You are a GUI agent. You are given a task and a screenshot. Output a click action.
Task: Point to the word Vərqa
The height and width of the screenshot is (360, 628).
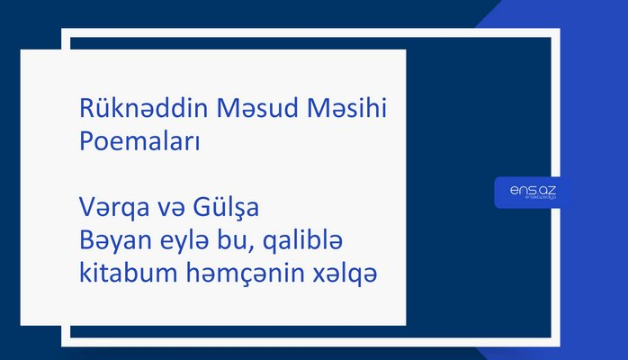point(108,211)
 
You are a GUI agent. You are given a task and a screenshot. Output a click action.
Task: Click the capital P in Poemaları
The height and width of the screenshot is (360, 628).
point(85,143)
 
